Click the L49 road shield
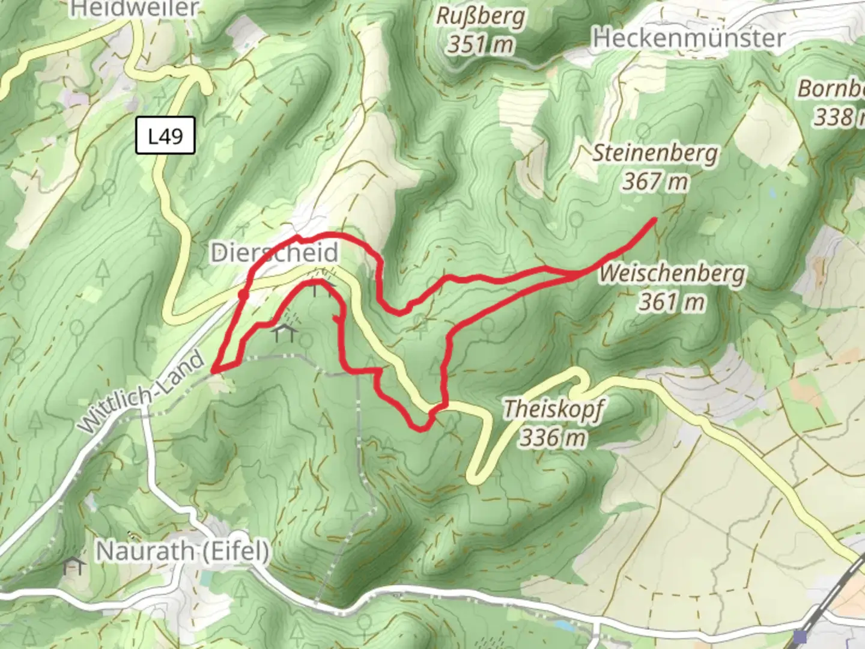click(165, 136)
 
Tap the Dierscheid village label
click(274, 253)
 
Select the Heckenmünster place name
click(689, 38)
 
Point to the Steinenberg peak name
click(655, 153)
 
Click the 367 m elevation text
click(655, 181)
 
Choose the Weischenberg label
click(672, 273)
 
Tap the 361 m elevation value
click(672, 301)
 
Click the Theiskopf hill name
click(553, 409)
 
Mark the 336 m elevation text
click(553, 437)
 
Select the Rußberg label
click(481, 16)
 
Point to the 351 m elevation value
click(481, 44)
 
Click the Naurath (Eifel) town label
click(183, 550)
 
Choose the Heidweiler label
click(135, 8)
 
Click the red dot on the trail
click(243, 295)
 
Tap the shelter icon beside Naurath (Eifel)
click(73, 565)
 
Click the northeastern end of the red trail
click(654, 221)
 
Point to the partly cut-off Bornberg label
click(831, 89)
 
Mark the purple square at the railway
click(800, 636)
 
